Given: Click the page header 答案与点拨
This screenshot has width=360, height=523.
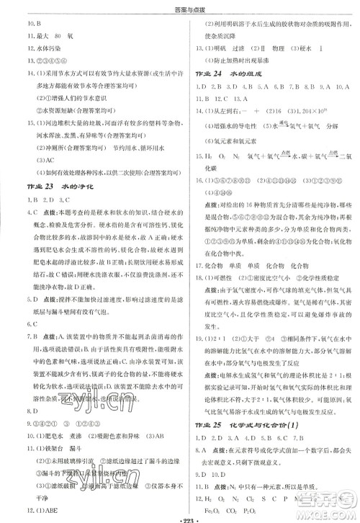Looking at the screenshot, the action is pyautogui.click(x=181, y=8).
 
